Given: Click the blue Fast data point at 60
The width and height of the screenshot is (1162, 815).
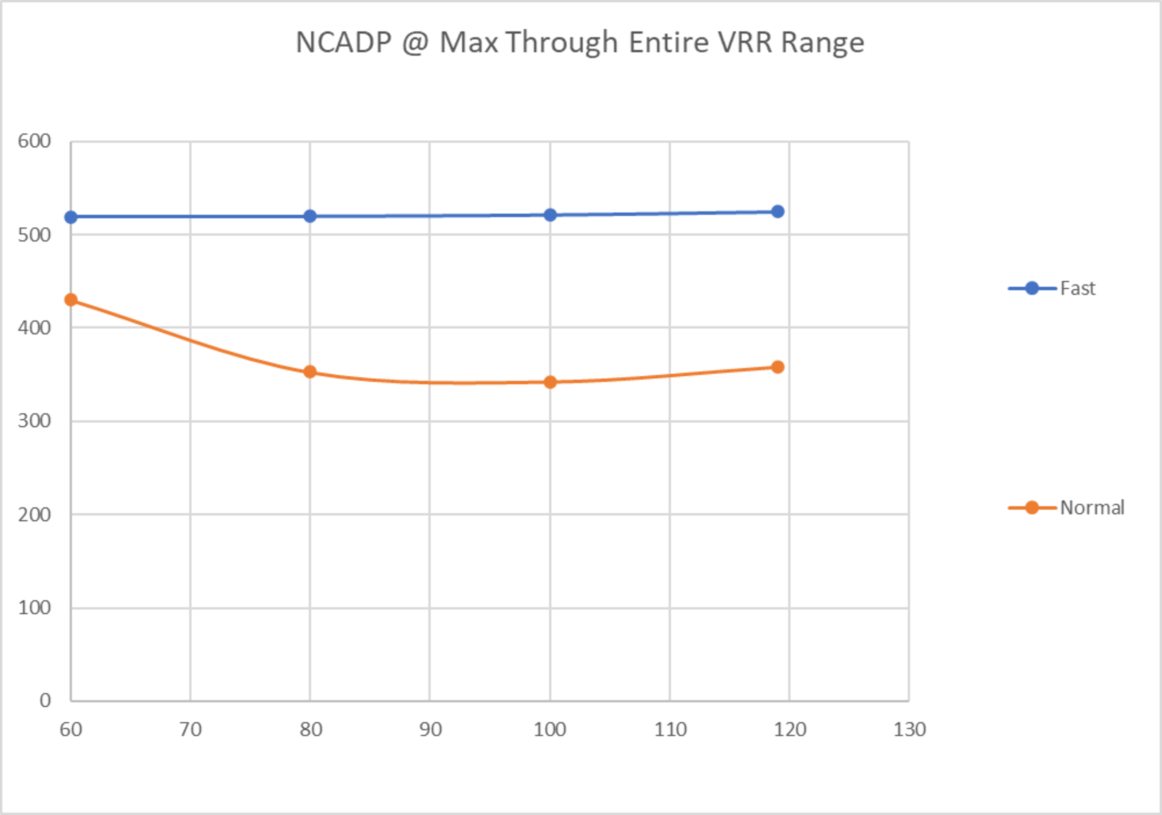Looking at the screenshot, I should pos(71,217).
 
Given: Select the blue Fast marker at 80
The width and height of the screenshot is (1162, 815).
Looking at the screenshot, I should pos(310,216).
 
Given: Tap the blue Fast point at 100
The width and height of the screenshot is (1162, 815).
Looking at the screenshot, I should pos(550,215).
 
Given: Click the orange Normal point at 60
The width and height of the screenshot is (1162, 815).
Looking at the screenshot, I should pos(71,300).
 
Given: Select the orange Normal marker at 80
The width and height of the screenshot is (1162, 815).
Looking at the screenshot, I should pos(310,372).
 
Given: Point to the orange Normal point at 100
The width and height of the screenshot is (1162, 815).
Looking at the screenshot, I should pos(550,382).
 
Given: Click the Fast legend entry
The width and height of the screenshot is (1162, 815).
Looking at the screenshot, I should pos(1077,288).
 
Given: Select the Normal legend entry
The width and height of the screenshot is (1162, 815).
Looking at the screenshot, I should pos(1092,507).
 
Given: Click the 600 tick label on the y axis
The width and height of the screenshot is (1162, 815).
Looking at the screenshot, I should pos(34,141).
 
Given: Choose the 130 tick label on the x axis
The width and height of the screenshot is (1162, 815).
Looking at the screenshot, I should pos(909,729).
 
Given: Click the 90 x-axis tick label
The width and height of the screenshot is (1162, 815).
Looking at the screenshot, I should pos(430,729).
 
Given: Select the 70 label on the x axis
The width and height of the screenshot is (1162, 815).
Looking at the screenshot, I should pos(190,729).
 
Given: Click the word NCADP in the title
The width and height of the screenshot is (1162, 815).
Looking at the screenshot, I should pos(343,43).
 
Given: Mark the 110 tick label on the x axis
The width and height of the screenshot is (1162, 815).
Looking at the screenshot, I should pos(670,729).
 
